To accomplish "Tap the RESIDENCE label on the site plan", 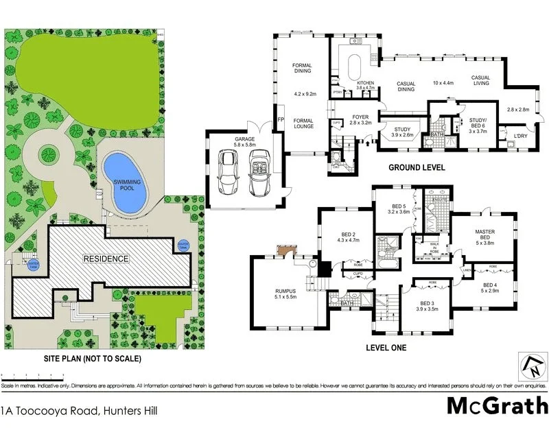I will (x=106, y=259).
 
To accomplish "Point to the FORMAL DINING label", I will (x=303, y=69).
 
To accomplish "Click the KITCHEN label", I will (x=365, y=83).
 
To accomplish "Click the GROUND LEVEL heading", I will (x=417, y=167).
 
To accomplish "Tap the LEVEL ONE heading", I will (x=385, y=348).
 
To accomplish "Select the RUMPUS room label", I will (x=284, y=291).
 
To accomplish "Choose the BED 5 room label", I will (x=400, y=207).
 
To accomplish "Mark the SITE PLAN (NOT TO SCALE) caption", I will (x=84, y=359).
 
